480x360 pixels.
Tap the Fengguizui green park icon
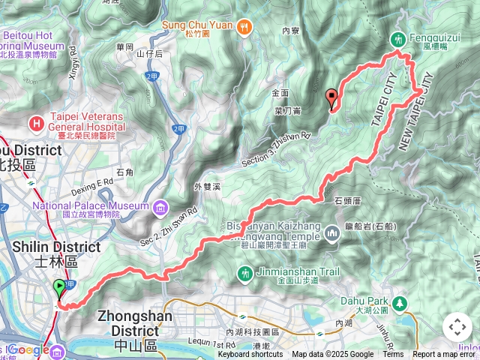pos(397,38)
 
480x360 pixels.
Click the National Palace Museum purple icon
pos(159,206)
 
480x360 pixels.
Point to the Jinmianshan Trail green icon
pos(244,271)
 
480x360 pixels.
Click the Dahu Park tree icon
pos(400,302)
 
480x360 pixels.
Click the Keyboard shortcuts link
pos(251,355)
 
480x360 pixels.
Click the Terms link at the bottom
pos(392,355)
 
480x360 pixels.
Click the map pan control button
pos(457,328)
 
